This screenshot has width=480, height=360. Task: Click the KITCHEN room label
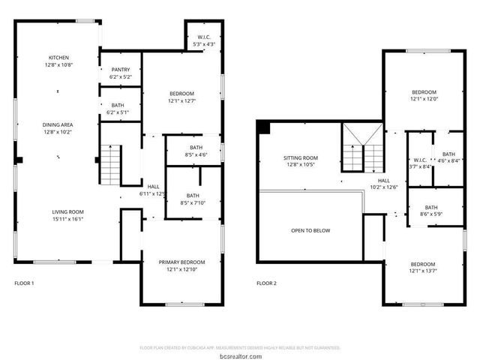(59, 58)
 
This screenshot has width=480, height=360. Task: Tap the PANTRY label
(120, 69)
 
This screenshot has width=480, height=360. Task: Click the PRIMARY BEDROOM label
(181, 262)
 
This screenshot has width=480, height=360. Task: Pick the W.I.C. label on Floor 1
(204, 37)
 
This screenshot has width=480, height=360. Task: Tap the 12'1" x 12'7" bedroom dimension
(181, 100)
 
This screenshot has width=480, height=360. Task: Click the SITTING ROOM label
(300, 158)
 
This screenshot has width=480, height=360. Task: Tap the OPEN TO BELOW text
(310, 230)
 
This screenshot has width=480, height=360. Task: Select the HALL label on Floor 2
(383, 181)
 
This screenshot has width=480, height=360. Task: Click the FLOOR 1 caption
(25, 283)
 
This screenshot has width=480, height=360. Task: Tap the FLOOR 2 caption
(266, 283)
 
